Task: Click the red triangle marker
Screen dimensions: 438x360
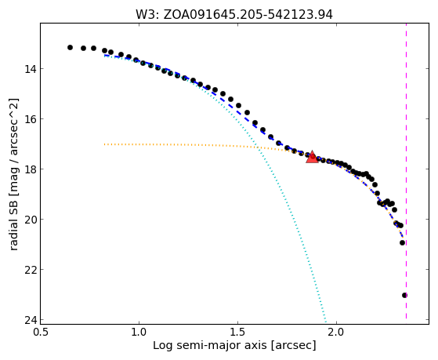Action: tap(312, 157)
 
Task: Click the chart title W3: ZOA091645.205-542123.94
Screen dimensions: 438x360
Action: tap(234, 14)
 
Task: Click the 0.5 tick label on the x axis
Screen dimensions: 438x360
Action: tap(40, 332)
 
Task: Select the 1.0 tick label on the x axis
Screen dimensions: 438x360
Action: tap(139, 332)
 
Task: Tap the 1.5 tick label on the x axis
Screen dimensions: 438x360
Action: tap(237, 332)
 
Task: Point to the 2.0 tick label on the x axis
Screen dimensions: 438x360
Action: tap(337, 332)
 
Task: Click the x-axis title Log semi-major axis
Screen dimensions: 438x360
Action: tap(210, 346)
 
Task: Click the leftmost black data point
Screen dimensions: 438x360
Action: tap(70, 48)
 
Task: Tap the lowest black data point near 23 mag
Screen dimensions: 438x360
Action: tap(404, 296)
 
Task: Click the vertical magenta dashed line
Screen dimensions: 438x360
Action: tap(406, 171)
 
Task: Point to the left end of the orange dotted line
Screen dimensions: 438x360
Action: tap(104, 144)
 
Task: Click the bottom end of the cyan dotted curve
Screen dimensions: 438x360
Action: tap(325, 319)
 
